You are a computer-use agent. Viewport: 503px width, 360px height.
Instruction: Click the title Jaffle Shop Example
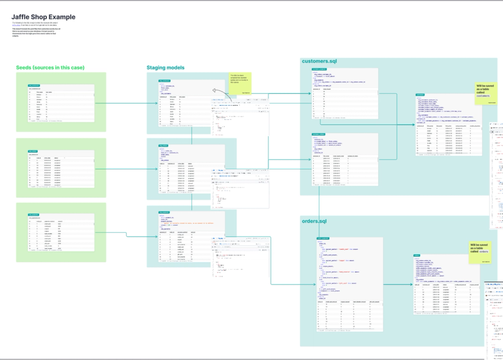44,18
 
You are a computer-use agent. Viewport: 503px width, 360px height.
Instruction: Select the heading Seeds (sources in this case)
50,68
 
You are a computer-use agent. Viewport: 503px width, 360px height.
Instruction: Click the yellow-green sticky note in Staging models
240,84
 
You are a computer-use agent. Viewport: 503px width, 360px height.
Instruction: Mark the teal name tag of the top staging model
164,81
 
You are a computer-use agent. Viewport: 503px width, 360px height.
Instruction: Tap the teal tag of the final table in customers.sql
420,94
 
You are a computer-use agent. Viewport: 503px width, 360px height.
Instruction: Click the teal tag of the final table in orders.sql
417,255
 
